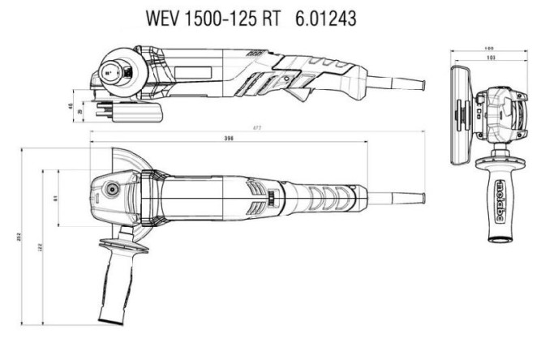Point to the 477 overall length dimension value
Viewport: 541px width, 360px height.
pyautogui.click(x=256, y=128)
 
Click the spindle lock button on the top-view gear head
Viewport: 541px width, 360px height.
pyautogui.click(x=109, y=191)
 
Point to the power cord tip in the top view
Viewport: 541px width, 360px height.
pyautogui.click(x=420, y=197)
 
